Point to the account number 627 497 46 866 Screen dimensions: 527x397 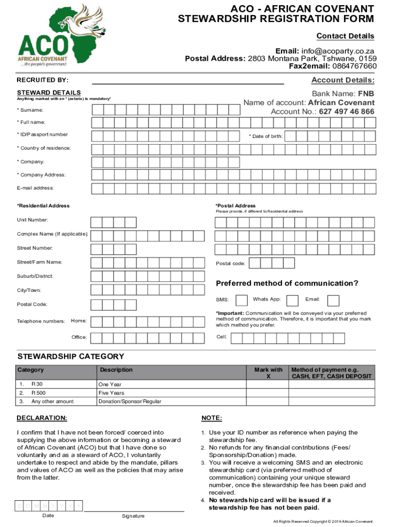tap(346, 112)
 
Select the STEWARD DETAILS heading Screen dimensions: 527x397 tap(48, 93)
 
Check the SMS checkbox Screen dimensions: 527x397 tap(241, 300)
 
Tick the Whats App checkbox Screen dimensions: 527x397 tap(292, 300)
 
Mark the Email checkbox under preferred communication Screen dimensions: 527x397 tap(334, 300)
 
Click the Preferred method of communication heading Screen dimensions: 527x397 tap(287, 284)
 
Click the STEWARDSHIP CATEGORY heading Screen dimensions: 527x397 tap(71, 356)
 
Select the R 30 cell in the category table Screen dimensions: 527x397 tap(37, 384)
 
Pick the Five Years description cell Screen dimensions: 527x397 tap(111, 393)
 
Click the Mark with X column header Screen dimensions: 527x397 tap(268, 373)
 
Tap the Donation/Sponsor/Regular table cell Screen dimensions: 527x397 tap(129, 401)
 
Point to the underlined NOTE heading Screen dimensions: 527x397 tap(211, 417)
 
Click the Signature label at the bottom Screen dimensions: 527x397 tap(133, 516)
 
